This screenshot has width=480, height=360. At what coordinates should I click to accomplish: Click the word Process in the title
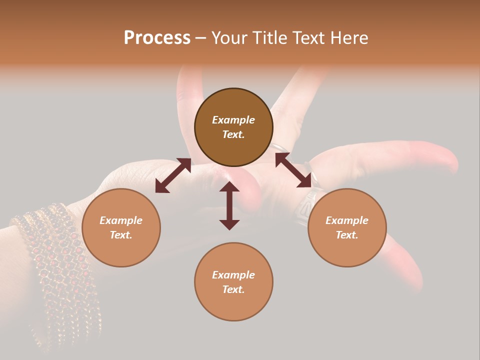tap(157, 38)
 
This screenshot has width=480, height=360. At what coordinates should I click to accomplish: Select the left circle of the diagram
tap(121, 250)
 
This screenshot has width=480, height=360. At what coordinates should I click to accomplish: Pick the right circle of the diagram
tap(347, 250)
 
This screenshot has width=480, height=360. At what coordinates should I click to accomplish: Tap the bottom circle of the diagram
tap(233, 305)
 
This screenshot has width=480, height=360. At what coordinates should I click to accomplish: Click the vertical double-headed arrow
tap(229, 205)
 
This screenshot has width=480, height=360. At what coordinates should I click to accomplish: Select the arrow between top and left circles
tap(173, 175)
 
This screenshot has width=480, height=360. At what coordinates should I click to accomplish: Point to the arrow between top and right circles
tap(293, 170)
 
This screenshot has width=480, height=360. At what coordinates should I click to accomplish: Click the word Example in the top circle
tap(233, 120)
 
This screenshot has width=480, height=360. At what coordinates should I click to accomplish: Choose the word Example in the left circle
tap(121, 220)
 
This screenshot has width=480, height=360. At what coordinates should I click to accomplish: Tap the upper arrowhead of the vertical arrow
tap(229, 187)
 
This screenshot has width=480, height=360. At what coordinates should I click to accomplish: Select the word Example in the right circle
tap(347, 220)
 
